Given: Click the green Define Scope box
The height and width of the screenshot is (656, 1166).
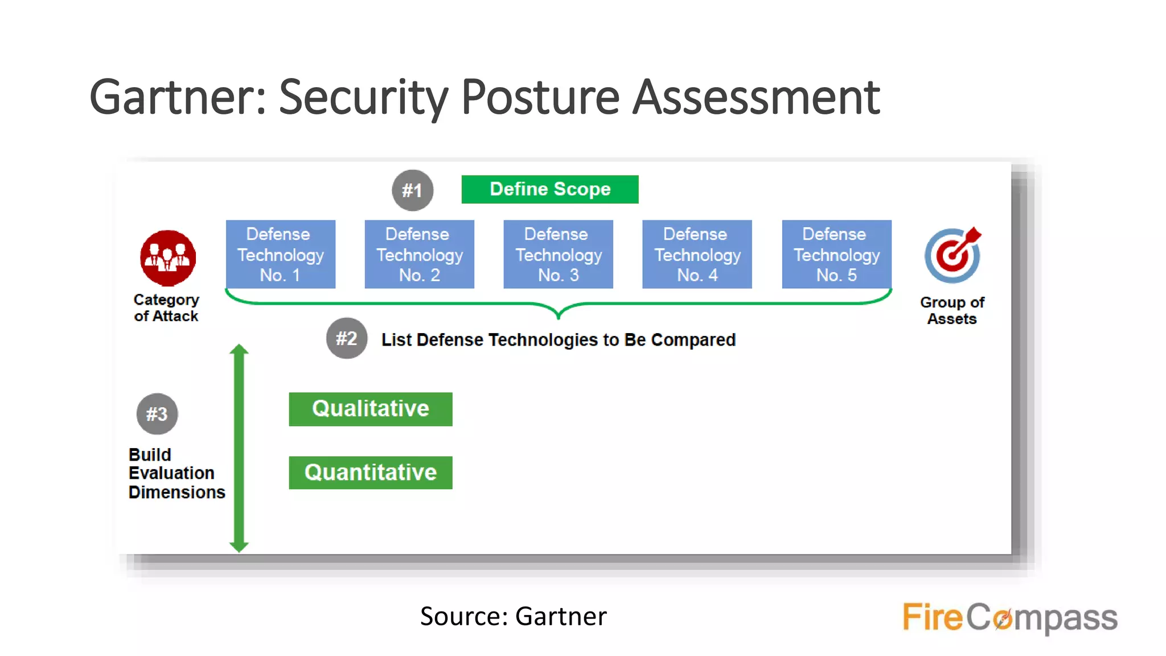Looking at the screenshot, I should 549,189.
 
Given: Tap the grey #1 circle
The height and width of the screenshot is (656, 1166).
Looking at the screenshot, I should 412,190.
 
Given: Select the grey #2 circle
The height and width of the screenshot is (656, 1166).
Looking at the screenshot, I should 346,338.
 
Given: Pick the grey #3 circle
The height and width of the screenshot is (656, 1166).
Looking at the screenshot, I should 157,414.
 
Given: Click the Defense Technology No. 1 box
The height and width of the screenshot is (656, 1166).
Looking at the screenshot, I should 280,254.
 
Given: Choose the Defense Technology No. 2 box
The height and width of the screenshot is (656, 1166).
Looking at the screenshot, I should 419,254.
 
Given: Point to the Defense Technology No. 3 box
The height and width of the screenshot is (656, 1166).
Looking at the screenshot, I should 558,254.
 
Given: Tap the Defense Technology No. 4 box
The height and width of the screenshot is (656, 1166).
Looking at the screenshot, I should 697,254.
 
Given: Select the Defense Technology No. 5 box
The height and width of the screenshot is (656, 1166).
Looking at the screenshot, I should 836,254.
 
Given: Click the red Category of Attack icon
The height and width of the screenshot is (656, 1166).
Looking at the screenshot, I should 168,258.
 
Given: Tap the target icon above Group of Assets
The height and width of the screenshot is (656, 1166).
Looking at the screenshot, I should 952,255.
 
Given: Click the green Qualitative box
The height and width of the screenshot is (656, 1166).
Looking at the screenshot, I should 370,409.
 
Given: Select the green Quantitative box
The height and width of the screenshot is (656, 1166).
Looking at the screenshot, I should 370,473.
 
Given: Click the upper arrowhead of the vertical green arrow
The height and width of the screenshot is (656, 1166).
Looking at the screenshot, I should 239,350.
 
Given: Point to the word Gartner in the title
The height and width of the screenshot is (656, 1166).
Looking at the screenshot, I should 177,97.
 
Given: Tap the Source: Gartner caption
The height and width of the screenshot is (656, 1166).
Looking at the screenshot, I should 513,616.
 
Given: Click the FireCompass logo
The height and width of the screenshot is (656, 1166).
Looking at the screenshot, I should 1009,617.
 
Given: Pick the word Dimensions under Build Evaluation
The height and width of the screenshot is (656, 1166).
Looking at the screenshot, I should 176,492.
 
